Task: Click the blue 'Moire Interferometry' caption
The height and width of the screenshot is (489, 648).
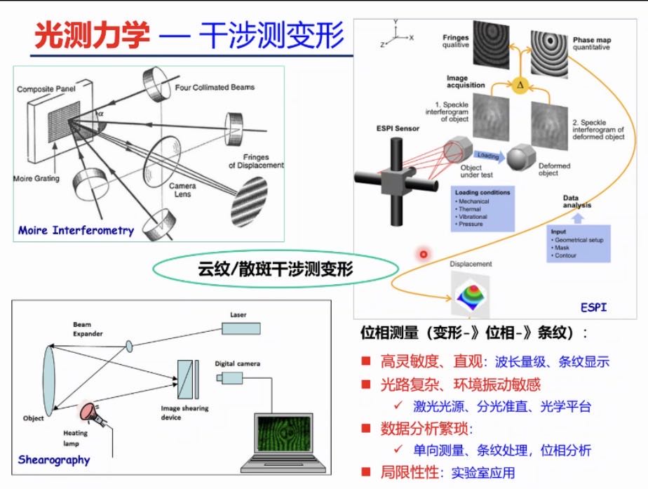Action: (76, 230)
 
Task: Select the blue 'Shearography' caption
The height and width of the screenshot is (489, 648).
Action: (54, 460)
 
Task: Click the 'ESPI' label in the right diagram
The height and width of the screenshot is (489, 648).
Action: (593, 307)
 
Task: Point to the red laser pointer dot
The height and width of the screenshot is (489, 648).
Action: (424, 253)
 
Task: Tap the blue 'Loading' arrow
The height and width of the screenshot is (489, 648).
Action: (490, 156)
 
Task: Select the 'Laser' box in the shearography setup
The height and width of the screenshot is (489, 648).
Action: (244, 328)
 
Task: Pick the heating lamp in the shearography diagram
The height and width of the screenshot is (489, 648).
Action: (89, 412)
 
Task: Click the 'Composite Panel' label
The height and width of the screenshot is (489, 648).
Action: (46, 90)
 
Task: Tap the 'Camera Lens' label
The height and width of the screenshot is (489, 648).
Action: (184, 189)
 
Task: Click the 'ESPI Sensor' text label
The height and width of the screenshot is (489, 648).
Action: (398, 129)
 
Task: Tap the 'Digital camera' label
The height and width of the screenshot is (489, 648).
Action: (238, 363)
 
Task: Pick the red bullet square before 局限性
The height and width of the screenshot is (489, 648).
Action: (365, 471)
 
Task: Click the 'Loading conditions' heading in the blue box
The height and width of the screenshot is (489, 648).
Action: (482, 192)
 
